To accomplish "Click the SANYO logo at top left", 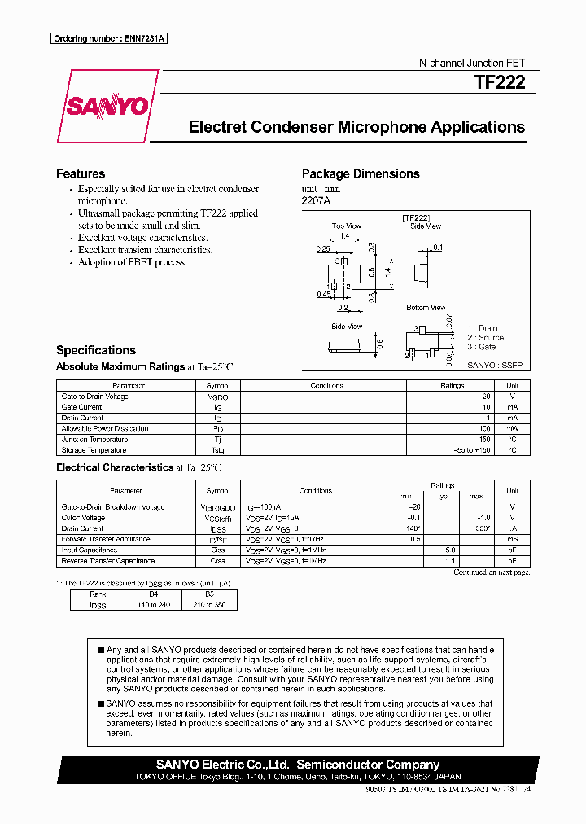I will [107, 107].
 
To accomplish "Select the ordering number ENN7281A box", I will [109, 38].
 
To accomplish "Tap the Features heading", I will [81, 173].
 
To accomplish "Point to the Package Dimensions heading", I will [361, 173].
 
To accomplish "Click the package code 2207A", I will [316, 200].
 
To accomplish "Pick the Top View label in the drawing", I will [346, 226].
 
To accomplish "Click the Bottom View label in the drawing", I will [426, 308].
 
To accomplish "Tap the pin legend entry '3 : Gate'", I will [481, 347].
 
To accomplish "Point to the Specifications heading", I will [96, 350].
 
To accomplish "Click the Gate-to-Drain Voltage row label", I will [94, 397].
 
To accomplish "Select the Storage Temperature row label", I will [94, 450].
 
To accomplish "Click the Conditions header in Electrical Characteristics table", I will [316, 491].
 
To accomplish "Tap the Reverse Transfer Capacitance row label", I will [107, 561].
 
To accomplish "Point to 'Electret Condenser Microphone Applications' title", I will [356, 128].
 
